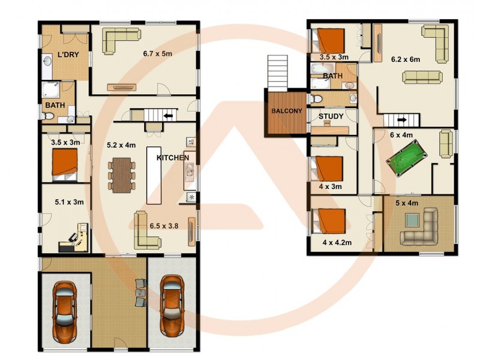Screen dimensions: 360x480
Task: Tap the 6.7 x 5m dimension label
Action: pos(157,53)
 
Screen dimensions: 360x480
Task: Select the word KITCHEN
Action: pos(173,158)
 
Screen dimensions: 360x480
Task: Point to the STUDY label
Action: pos(331,116)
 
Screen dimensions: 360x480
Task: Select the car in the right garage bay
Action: pos(172,305)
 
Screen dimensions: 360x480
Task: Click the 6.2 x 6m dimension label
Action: pos(406,60)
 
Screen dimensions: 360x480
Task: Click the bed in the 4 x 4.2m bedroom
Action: pos(331,221)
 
